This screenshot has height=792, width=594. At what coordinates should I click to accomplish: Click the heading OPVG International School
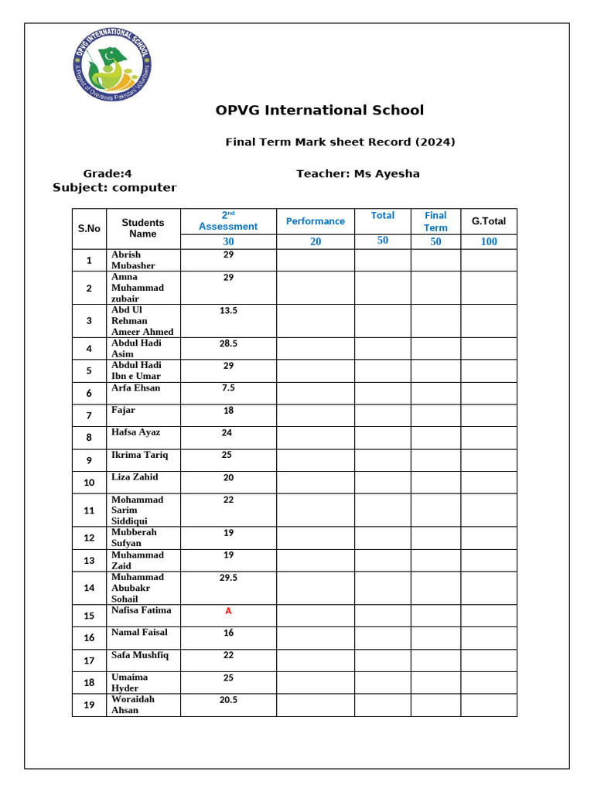point(319,111)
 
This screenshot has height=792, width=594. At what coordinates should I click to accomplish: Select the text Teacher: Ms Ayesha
point(357,173)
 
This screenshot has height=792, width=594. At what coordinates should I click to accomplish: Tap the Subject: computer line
point(114,188)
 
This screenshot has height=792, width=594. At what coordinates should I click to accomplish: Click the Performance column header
point(316,221)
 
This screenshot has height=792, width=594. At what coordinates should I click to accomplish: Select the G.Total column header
point(488,221)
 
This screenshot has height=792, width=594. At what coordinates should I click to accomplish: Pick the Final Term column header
point(435,221)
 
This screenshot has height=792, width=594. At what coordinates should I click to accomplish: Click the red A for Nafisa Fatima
point(228,611)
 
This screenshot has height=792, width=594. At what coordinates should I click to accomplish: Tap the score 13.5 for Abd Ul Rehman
point(228,310)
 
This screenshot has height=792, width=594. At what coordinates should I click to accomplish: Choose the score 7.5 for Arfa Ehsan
point(228,388)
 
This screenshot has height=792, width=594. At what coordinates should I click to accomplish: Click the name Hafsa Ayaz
point(136,432)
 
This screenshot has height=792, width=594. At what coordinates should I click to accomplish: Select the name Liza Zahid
point(135,477)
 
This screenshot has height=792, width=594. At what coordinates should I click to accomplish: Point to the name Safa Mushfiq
point(140,655)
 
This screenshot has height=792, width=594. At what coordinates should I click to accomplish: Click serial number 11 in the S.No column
point(89,510)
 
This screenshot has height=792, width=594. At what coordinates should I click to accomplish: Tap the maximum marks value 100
point(489,241)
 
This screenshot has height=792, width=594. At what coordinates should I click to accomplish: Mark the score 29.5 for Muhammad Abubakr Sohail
point(228,578)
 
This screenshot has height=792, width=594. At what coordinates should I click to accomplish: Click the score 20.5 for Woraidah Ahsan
point(228,700)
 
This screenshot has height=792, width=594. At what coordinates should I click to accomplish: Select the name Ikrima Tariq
point(139,455)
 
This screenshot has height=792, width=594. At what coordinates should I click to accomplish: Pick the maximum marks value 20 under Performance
point(316,241)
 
